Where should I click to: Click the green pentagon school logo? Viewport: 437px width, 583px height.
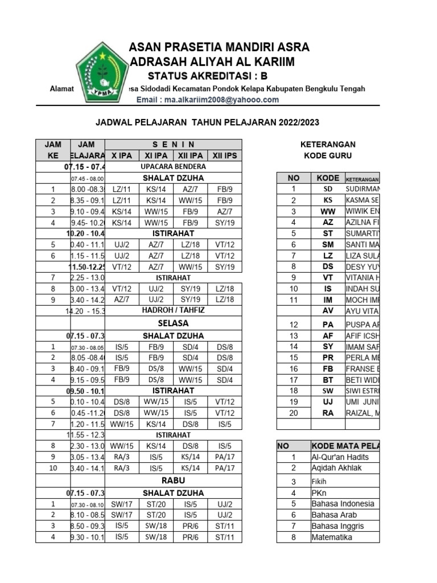click(x=102, y=72)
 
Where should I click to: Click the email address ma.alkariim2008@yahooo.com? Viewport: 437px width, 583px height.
click(x=208, y=100)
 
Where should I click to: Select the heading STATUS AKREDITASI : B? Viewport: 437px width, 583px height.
click(x=207, y=76)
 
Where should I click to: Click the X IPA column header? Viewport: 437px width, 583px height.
click(x=122, y=155)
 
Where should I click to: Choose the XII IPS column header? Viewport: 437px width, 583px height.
click(x=225, y=155)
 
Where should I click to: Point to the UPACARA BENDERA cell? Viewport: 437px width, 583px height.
click(x=173, y=167)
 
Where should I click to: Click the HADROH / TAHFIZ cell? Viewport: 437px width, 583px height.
click(x=173, y=311)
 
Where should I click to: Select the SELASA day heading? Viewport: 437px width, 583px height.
click(x=173, y=323)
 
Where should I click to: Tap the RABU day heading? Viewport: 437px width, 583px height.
click(x=173, y=481)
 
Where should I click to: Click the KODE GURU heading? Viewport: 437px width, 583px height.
click(x=328, y=155)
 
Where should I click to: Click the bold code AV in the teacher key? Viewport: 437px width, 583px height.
click(x=328, y=311)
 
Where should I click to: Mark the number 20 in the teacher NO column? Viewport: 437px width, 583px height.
click(x=294, y=413)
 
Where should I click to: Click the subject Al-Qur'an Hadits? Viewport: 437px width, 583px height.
click(x=340, y=457)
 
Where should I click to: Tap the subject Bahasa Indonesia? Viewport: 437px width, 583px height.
click(x=343, y=504)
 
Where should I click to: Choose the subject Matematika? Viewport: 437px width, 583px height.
click(x=332, y=537)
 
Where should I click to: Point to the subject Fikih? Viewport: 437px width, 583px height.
click(x=319, y=481)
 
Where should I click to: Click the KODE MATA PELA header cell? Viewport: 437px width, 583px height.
click(x=345, y=446)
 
